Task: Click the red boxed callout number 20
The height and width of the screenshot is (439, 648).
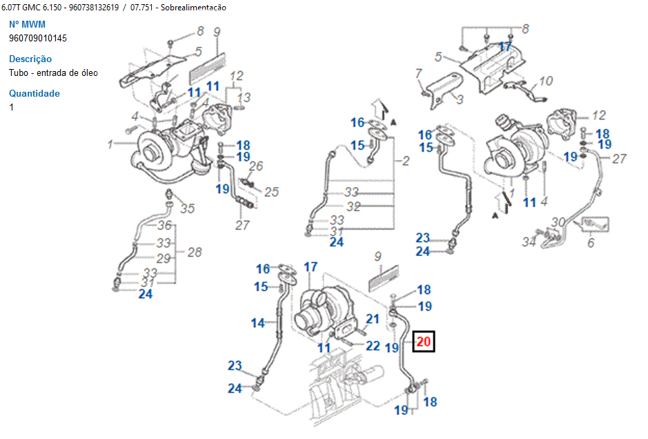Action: (424, 341)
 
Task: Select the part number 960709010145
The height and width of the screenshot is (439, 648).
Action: (38, 38)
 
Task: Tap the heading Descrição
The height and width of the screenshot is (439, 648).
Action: (30, 59)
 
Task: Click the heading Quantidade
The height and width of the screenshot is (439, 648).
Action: (35, 93)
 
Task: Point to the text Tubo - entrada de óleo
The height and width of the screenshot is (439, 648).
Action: (53, 72)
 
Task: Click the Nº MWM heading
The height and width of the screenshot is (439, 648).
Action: (27, 24)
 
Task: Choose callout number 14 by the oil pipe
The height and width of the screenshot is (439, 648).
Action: (258, 322)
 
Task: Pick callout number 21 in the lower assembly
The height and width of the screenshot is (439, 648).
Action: (373, 318)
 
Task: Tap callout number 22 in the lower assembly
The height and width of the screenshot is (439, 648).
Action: (373, 345)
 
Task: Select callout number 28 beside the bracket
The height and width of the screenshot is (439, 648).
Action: (195, 252)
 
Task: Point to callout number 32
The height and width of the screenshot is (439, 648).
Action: (353, 206)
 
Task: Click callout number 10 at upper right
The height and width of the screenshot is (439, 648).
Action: (545, 81)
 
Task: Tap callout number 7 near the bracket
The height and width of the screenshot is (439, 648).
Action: (418, 73)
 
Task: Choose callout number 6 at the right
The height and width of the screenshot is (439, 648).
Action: (590, 243)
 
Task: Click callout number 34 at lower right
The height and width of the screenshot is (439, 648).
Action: (529, 242)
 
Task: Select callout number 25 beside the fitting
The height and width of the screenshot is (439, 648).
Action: (271, 191)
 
